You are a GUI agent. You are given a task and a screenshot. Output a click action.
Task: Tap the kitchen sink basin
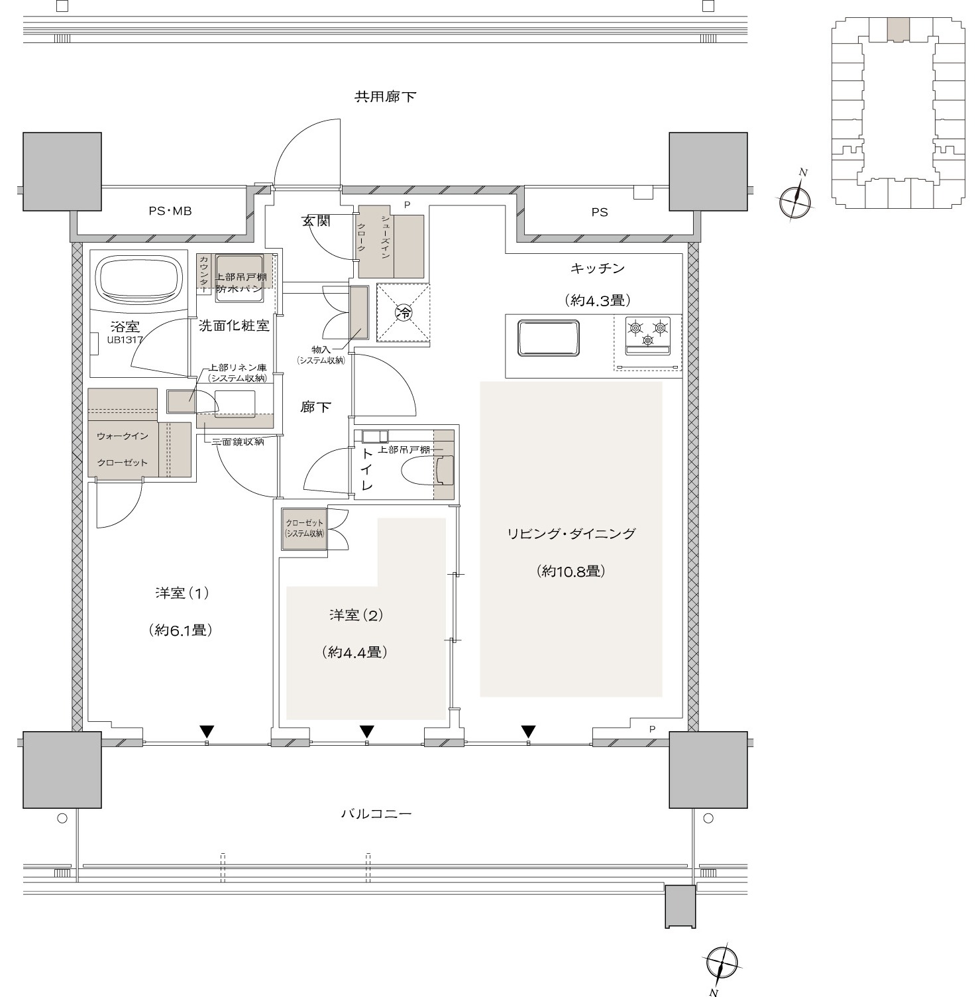549,339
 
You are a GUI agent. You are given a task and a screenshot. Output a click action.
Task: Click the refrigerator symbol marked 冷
404,313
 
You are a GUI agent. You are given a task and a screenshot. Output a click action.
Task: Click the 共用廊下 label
385,97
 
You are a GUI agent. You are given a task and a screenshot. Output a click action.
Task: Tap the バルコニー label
376,813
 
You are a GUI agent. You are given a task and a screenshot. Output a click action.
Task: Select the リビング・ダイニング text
571,534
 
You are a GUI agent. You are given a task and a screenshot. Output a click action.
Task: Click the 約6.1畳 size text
181,630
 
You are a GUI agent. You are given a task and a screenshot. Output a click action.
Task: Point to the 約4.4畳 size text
356,652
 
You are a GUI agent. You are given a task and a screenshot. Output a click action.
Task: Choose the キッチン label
597,268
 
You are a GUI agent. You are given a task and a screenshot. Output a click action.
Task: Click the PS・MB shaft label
170,211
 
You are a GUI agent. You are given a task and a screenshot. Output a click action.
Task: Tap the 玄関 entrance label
316,221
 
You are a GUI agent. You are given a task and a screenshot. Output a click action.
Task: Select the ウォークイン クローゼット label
123,449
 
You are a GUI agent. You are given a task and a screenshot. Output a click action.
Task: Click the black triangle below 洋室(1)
207,732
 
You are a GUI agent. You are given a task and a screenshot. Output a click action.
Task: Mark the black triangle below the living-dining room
527,732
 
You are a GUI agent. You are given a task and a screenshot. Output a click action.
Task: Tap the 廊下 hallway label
315,407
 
